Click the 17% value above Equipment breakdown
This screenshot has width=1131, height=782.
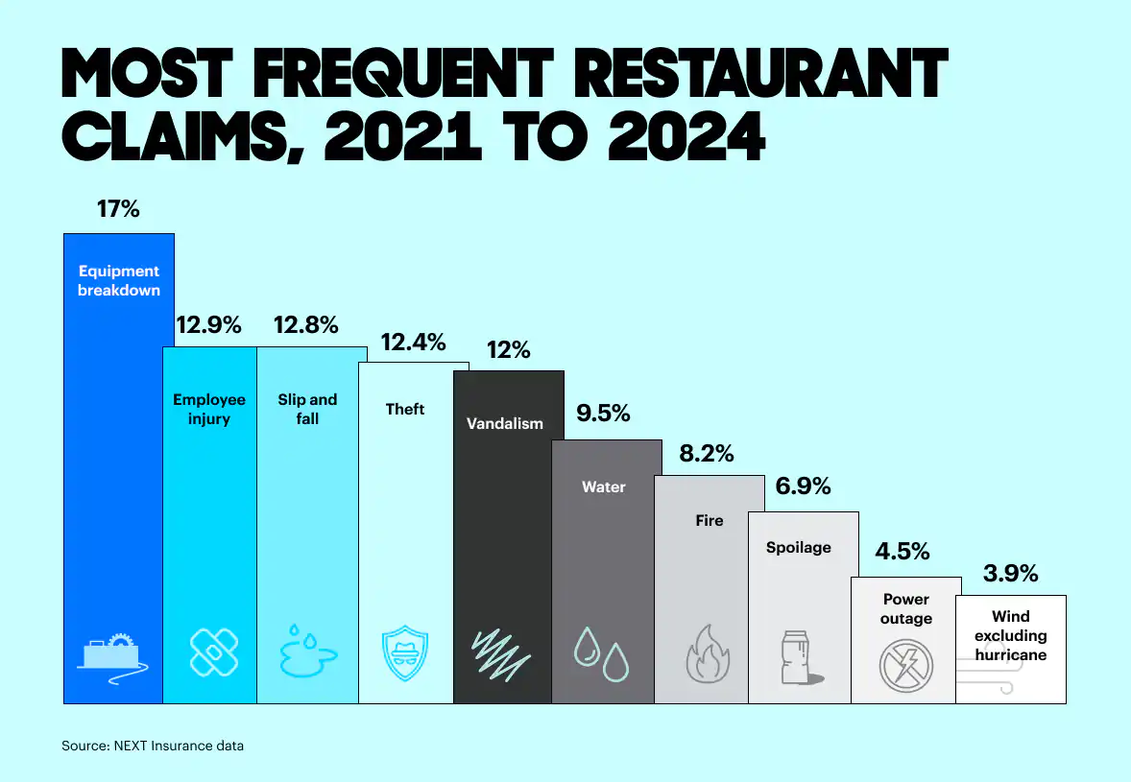click(x=118, y=208)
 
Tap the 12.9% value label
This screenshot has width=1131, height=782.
click(x=207, y=325)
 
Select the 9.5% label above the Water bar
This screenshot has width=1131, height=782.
click(x=603, y=414)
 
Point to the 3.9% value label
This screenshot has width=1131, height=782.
click(x=1011, y=574)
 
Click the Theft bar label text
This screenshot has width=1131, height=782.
click(x=405, y=409)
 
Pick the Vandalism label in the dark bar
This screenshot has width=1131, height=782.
click(x=505, y=423)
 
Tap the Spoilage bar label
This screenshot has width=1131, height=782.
click(x=799, y=548)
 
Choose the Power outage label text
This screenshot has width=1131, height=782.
click(x=906, y=608)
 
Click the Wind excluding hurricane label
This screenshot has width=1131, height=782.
click(x=1011, y=635)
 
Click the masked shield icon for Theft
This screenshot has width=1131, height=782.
click(x=405, y=652)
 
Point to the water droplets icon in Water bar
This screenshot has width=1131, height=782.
click(x=602, y=652)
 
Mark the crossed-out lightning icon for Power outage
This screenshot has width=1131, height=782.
click(x=905, y=662)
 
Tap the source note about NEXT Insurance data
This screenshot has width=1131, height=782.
click(x=153, y=746)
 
